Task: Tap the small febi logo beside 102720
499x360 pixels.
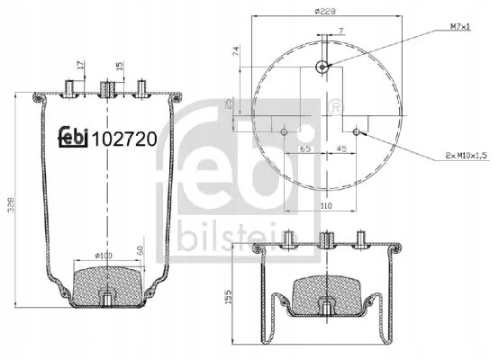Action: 74,136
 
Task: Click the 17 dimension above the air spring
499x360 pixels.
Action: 80,66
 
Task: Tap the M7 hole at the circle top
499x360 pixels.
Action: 322,65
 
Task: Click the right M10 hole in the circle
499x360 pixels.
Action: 358,131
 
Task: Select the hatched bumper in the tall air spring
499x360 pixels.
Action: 106,283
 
